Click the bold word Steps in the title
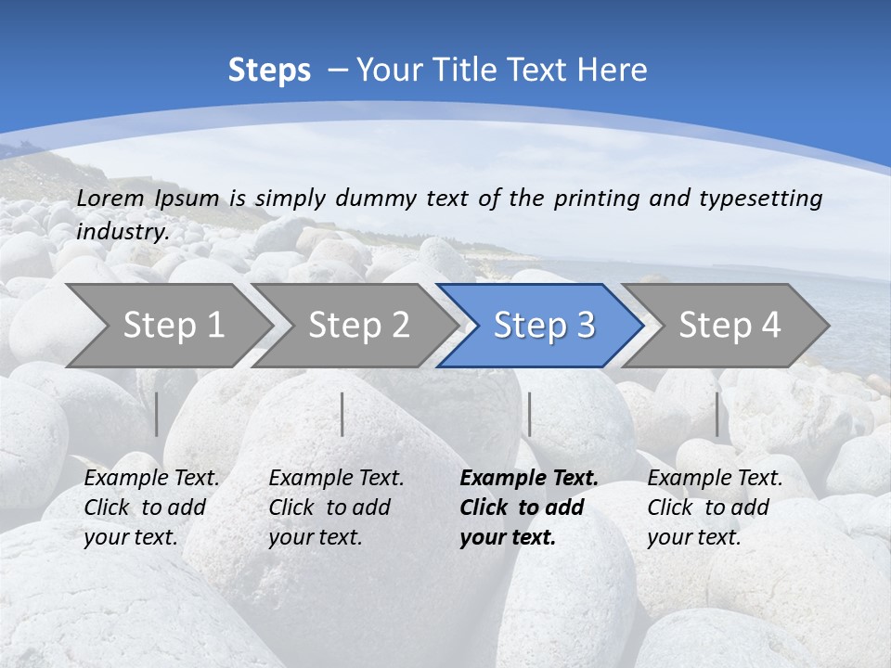(x=269, y=71)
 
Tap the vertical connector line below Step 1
(x=157, y=414)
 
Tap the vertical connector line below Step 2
(x=342, y=414)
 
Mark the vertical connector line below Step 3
(x=529, y=414)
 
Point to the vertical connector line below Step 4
(x=717, y=414)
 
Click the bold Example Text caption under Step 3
(x=528, y=507)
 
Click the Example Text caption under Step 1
(x=151, y=507)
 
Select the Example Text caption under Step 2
(x=336, y=507)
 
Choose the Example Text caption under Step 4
(x=715, y=507)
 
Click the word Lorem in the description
(x=110, y=198)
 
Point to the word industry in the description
(x=123, y=232)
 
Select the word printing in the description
(x=593, y=199)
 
